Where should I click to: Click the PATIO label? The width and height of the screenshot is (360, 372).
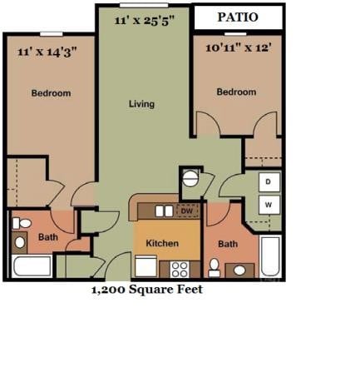(237, 17)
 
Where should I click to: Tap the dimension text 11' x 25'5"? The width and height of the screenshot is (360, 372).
(145, 22)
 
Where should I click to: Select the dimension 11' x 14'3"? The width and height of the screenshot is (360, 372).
(47, 52)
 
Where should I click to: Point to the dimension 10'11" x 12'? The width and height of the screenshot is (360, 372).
(238, 48)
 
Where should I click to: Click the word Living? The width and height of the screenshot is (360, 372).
(141, 104)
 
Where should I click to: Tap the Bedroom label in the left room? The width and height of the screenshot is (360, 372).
(51, 93)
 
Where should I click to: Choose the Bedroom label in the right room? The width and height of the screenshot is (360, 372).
(236, 92)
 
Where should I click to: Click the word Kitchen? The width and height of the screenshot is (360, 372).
(162, 243)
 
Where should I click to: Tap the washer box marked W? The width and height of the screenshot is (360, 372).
(269, 203)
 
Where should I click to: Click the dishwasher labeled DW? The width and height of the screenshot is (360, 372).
(187, 211)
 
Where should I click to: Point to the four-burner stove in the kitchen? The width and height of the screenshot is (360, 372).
(180, 268)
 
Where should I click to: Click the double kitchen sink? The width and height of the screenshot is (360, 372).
(164, 211)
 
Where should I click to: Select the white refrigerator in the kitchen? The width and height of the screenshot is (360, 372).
(146, 267)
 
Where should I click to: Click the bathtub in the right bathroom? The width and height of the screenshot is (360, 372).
(270, 256)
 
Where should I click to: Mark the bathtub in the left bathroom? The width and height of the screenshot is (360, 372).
(33, 267)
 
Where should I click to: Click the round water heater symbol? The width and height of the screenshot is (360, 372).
(190, 177)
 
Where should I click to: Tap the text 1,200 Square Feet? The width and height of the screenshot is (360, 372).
(146, 290)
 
